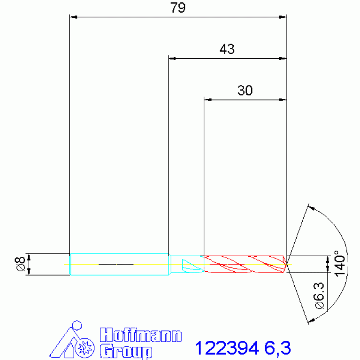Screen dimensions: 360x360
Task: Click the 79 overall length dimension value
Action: click(x=178, y=8)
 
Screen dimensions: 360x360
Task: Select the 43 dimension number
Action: click(x=227, y=49)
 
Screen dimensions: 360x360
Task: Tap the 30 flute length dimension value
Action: click(x=245, y=90)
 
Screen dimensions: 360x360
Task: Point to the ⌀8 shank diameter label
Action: click(x=20, y=264)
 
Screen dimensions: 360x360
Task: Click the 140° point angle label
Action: click(x=339, y=263)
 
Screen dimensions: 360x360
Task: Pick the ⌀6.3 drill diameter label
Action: click(x=319, y=296)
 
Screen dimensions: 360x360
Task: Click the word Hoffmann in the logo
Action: click(x=141, y=335)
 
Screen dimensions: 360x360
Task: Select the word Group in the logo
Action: click(x=126, y=351)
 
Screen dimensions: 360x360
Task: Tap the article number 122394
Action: click(x=227, y=348)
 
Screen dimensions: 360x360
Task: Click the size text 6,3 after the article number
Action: click(x=277, y=349)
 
